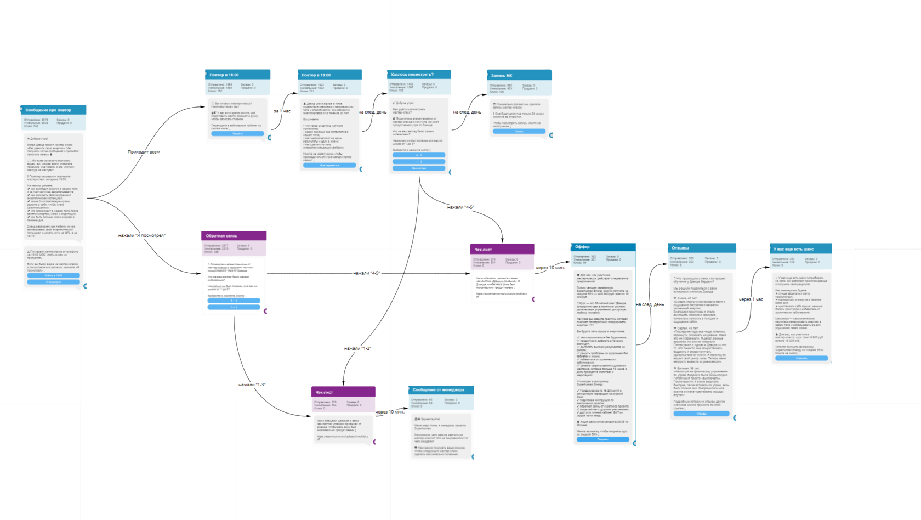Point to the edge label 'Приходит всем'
pos(144,152)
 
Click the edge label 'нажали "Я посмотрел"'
pos(141,235)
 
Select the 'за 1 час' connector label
pos(282,111)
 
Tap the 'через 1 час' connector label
pos(751,299)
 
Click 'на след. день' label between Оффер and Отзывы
pos(650,304)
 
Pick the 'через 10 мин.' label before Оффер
pos(550,268)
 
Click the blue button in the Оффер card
pos(602,439)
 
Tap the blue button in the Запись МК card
pos(519,132)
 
